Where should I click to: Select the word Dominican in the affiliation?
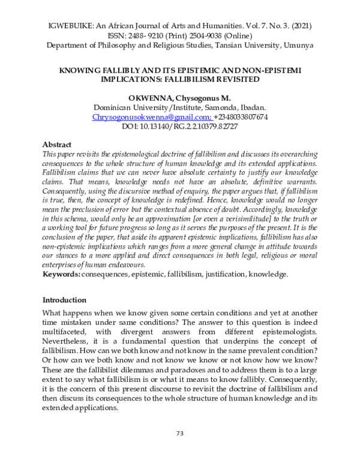coord(117,107)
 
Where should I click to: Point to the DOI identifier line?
coord(180,127)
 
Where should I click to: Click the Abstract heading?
coord(57,145)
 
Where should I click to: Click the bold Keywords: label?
coord(64,274)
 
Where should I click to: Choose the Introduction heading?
coord(65,300)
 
